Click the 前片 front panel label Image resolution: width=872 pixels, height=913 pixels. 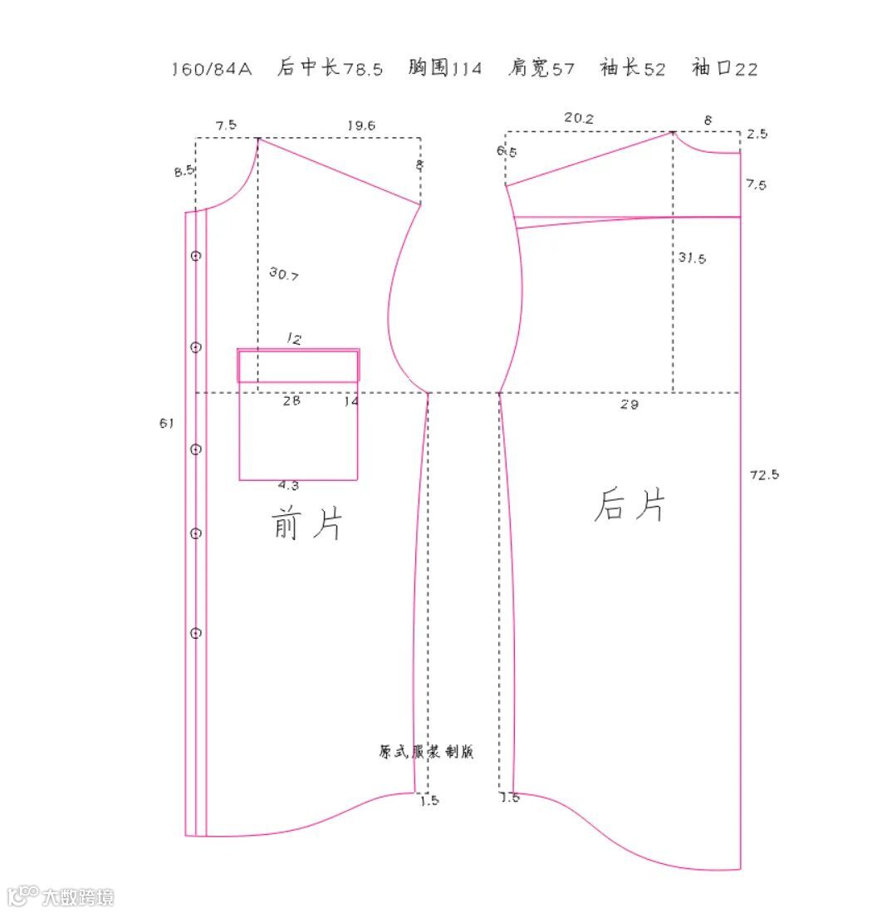[x=306, y=523]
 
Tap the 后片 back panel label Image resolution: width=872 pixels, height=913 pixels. [x=630, y=504]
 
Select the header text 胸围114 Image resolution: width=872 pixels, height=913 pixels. [x=444, y=68]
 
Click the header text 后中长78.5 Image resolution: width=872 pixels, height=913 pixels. [x=330, y=68]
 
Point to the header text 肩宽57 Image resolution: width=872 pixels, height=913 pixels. [x=541, y=68]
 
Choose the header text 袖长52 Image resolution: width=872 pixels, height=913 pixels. [x=633, y=68]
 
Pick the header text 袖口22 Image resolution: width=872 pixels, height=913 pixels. [x=724, y=68]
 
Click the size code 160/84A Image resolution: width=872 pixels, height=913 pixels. [x=211, y=69]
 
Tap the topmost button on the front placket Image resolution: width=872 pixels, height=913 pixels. [x=196, y=256]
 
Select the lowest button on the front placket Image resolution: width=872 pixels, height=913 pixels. [x=196, y=634]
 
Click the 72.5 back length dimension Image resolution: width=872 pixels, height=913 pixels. [x=764, y=475]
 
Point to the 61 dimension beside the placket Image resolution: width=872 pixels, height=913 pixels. [x=167, y=424]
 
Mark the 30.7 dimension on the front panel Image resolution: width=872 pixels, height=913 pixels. [x=284, y=273]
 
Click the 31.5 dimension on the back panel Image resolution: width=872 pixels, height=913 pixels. [x=692, y=258]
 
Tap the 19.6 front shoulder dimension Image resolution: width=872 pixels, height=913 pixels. [x=360, y=125]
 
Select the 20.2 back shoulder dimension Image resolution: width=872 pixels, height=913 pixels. [x=579, y=118]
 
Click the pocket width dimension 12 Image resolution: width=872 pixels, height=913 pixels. [x=294, y=339]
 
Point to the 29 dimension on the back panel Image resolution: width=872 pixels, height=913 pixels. [x=630, y=405]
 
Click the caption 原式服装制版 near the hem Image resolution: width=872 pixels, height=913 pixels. [x=426, y=752]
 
